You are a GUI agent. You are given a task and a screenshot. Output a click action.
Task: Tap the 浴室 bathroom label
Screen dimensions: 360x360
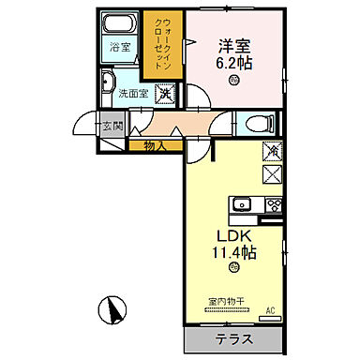(x=119, y=47)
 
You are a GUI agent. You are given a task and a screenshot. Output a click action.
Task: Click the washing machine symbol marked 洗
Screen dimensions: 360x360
(x=165, y=93)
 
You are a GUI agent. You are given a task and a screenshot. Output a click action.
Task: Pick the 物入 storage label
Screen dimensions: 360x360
(x=157, y=144)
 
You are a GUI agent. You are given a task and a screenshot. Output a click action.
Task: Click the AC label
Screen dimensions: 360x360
(x=271, y=310)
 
